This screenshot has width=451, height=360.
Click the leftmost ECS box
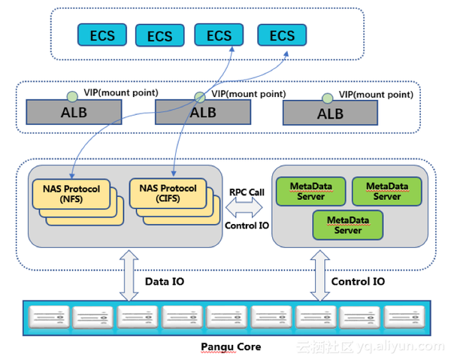point(102,35)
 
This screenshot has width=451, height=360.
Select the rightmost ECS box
point(282,35)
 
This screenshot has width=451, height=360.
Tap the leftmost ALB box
point(74,112)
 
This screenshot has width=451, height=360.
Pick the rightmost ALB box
point(330,113)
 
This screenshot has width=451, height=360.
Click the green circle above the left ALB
point(72,96)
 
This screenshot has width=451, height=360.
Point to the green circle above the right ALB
point(327,98)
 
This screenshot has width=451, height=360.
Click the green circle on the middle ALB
point(200,97)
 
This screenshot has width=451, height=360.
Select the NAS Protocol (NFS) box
point(71,194)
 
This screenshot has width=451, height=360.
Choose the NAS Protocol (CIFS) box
point(168,193)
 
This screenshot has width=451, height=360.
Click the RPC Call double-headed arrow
point(244,207)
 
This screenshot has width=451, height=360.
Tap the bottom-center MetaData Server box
point(348,225)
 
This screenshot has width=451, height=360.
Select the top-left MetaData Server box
point(310,192)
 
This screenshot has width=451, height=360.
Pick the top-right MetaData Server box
point(387,192)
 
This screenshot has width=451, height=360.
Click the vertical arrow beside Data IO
point(129,276)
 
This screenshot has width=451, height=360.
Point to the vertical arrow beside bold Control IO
point(320,276)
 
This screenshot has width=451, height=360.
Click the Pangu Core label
point(231,346)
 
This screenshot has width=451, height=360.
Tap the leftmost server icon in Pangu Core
point(49,317)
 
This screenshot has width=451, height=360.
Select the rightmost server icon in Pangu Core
point(404,317)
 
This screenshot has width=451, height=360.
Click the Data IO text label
point(165,281)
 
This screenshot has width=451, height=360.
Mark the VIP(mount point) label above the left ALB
point(121,92)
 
